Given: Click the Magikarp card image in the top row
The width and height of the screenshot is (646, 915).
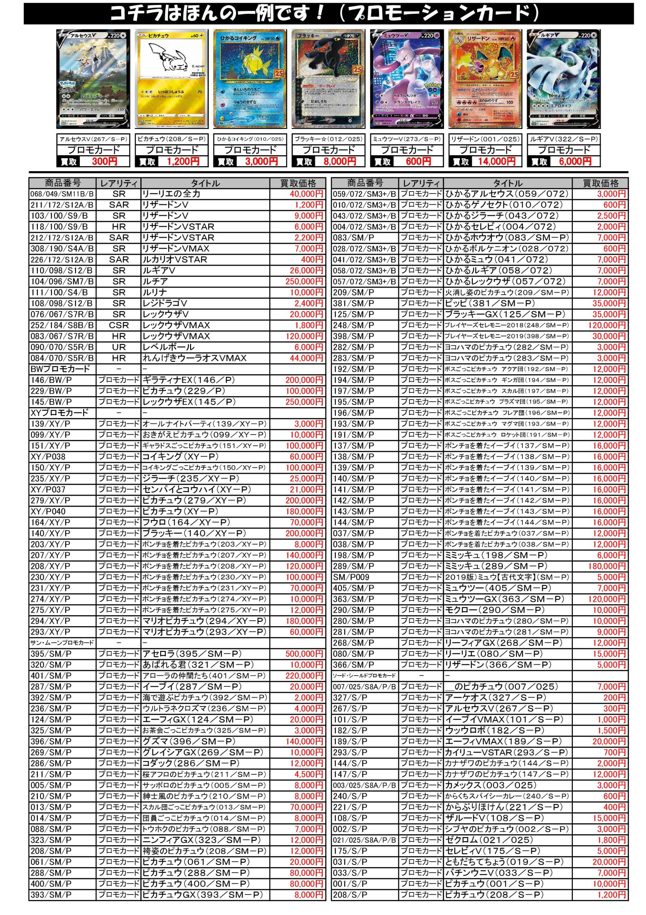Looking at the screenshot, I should (x=250, y=79).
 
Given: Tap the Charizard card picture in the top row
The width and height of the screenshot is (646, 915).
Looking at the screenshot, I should (x=485, y=79).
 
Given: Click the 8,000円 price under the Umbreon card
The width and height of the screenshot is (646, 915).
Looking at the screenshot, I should (x=340, y=162).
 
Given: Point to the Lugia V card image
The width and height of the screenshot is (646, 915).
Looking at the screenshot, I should (x=563, y=79).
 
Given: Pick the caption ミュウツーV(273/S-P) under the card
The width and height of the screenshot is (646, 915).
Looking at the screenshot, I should (x=406, y=139).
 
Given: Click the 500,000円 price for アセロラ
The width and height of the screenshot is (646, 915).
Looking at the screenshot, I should (x=304, y=654).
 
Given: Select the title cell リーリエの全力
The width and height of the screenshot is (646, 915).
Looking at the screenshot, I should (x=171, y=194).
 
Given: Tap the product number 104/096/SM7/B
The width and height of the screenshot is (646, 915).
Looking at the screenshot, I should (x=62, y=281).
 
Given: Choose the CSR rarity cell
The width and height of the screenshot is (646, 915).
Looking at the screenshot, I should (x=119, y=325).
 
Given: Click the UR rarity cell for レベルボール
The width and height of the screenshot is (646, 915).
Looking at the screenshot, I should (x=119, y=347).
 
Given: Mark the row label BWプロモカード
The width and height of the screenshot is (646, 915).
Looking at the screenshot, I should (x=60, y=369).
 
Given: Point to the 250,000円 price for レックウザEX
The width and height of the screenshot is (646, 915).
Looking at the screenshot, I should (x=304, y=402).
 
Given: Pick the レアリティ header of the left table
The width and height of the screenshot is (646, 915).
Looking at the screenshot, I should (x=119, y=183).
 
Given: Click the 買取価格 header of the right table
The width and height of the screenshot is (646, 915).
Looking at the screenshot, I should (x=601, y=183).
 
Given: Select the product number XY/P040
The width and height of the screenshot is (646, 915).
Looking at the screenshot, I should (x=48, y=512).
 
